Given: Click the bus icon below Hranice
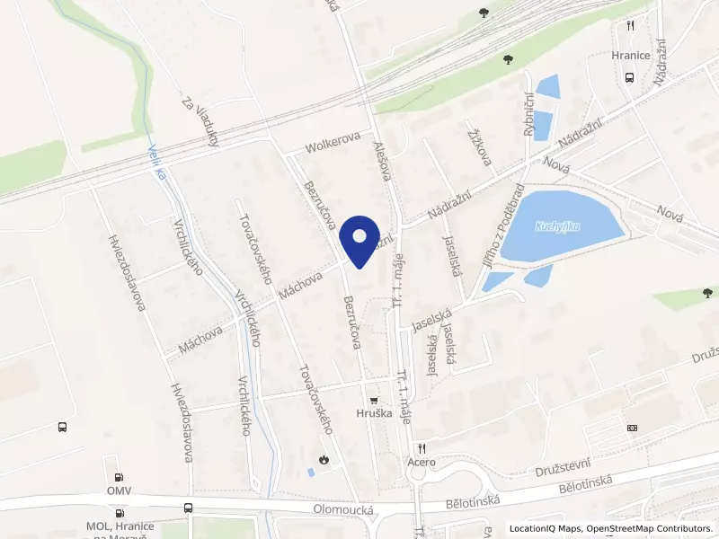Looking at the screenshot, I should (x=629, y=76).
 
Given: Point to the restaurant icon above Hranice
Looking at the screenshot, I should (x=630, y=26).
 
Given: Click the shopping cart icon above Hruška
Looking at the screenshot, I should (x=373, y=399).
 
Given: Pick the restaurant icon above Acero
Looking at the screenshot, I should (x=419, y=446).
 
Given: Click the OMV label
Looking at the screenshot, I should (x=119, y=490).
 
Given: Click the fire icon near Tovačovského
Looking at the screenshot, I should (x=324, y=459).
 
